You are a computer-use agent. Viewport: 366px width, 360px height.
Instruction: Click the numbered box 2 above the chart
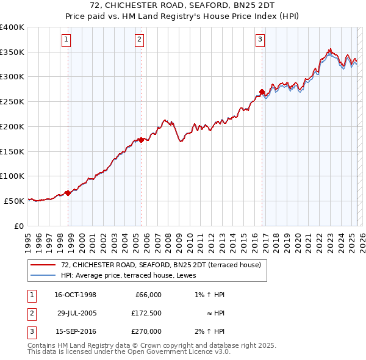click(x=139, y=40)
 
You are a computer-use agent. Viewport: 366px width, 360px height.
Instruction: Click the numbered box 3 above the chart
click(x=260, y=40)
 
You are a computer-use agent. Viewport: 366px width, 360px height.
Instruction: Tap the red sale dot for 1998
click(x=68, y=193)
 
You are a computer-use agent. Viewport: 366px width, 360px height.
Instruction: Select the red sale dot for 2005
click(x=141, y=140)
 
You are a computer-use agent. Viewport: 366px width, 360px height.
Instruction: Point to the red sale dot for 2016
click(x=262, y=92)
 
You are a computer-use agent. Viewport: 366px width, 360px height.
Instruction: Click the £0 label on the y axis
click(x=18, y=226)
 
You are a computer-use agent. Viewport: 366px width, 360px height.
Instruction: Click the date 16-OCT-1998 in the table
click(x=75, y=295)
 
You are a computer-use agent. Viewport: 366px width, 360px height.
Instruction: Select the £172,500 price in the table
click(x=148, y=313)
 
